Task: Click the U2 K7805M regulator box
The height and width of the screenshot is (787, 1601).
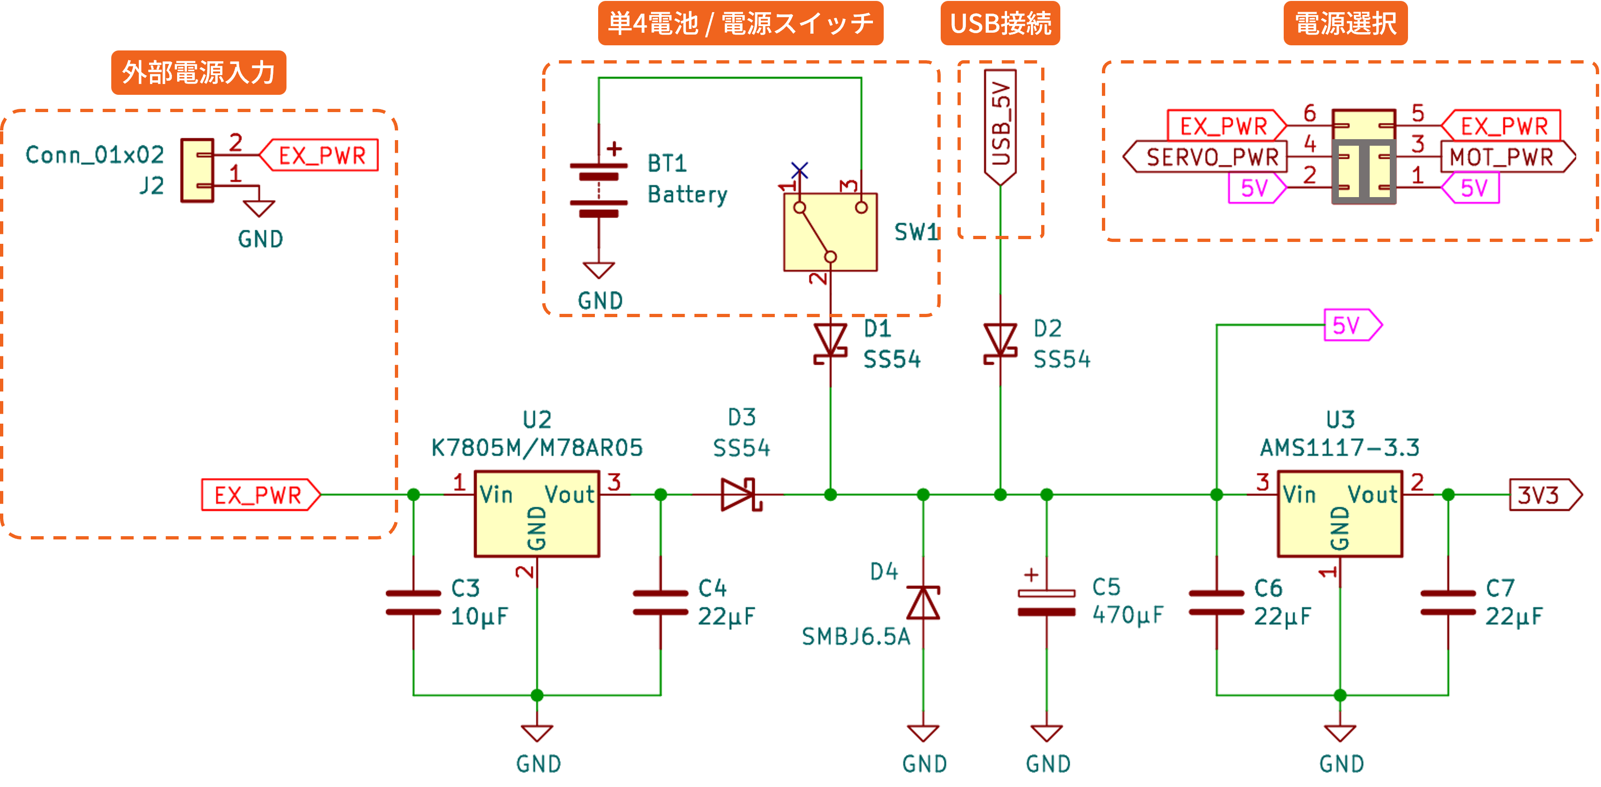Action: point(536,514)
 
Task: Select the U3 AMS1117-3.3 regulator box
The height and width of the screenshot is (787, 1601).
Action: point(1339,514)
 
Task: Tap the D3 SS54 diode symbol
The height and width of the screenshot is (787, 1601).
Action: point(740,495)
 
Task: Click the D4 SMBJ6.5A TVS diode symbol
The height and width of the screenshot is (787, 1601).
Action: point(923,603)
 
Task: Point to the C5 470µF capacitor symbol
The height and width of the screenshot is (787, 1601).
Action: point(1047,603)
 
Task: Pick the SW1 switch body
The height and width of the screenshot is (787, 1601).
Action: point(830,232)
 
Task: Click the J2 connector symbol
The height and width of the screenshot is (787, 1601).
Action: point(197,170)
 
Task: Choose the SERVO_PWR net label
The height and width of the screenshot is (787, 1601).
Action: point(1206,157)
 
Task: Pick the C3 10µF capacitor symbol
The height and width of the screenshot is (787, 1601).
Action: point(413,603)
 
